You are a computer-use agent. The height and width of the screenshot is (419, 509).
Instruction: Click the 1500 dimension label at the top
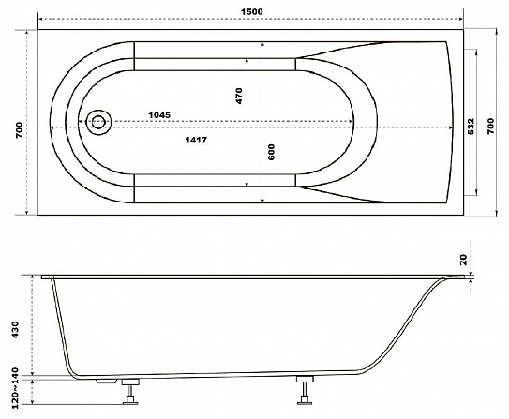coord(251,11)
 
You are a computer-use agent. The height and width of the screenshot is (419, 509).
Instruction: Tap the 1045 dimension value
coord(159,115)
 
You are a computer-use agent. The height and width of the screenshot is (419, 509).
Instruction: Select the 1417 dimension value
coord(196,140)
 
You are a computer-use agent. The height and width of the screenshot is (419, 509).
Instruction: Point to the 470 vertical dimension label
coord(239,96)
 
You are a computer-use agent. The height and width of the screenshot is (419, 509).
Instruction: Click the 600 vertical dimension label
coord(272,152)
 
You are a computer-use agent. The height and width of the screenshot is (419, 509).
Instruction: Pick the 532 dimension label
coord(471,127)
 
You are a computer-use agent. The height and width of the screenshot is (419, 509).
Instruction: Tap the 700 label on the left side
coord(20,129)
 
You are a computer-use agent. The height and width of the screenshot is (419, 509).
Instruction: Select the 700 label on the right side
coord(490,126)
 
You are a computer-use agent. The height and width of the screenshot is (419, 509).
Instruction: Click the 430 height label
coord(15,330)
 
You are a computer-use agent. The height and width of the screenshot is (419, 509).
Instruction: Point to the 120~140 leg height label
coord(15,388)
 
